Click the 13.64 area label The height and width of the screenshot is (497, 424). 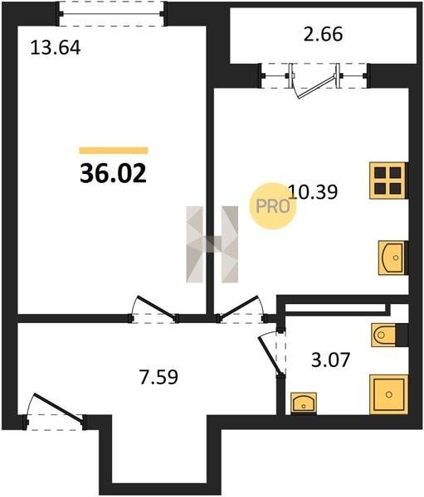[x=56, y=49]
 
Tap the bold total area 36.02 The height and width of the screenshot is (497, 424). [x=113, y=174]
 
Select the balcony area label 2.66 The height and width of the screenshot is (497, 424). [x=323, y=34]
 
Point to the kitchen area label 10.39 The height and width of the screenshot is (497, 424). [x=313, y=192]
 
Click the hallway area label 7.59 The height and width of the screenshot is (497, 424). [x=158, y=377]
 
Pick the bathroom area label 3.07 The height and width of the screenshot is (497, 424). [x=330, y=360]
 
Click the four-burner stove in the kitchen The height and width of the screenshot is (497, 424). [x=388, y=181]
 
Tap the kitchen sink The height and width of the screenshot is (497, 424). [x=392, y=258]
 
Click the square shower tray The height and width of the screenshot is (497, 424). [x=389, y=394]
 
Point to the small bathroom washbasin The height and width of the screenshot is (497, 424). [x=304, y=403]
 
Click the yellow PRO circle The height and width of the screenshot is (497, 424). [x=272, y=206]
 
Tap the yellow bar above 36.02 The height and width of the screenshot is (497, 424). [x=114, y=150]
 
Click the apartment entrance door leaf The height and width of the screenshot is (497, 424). [x=59, y=408]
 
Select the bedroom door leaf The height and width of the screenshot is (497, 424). [x=156, y=307]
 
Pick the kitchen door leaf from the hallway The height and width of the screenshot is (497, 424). [x=238, y=307]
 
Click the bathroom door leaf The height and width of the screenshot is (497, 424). [x=270, y=356]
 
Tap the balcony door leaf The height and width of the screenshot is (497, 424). [x=318, y=86]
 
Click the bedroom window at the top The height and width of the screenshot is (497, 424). [x=111, y=13]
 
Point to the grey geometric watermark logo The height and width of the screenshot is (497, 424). [x=212, y=244]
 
